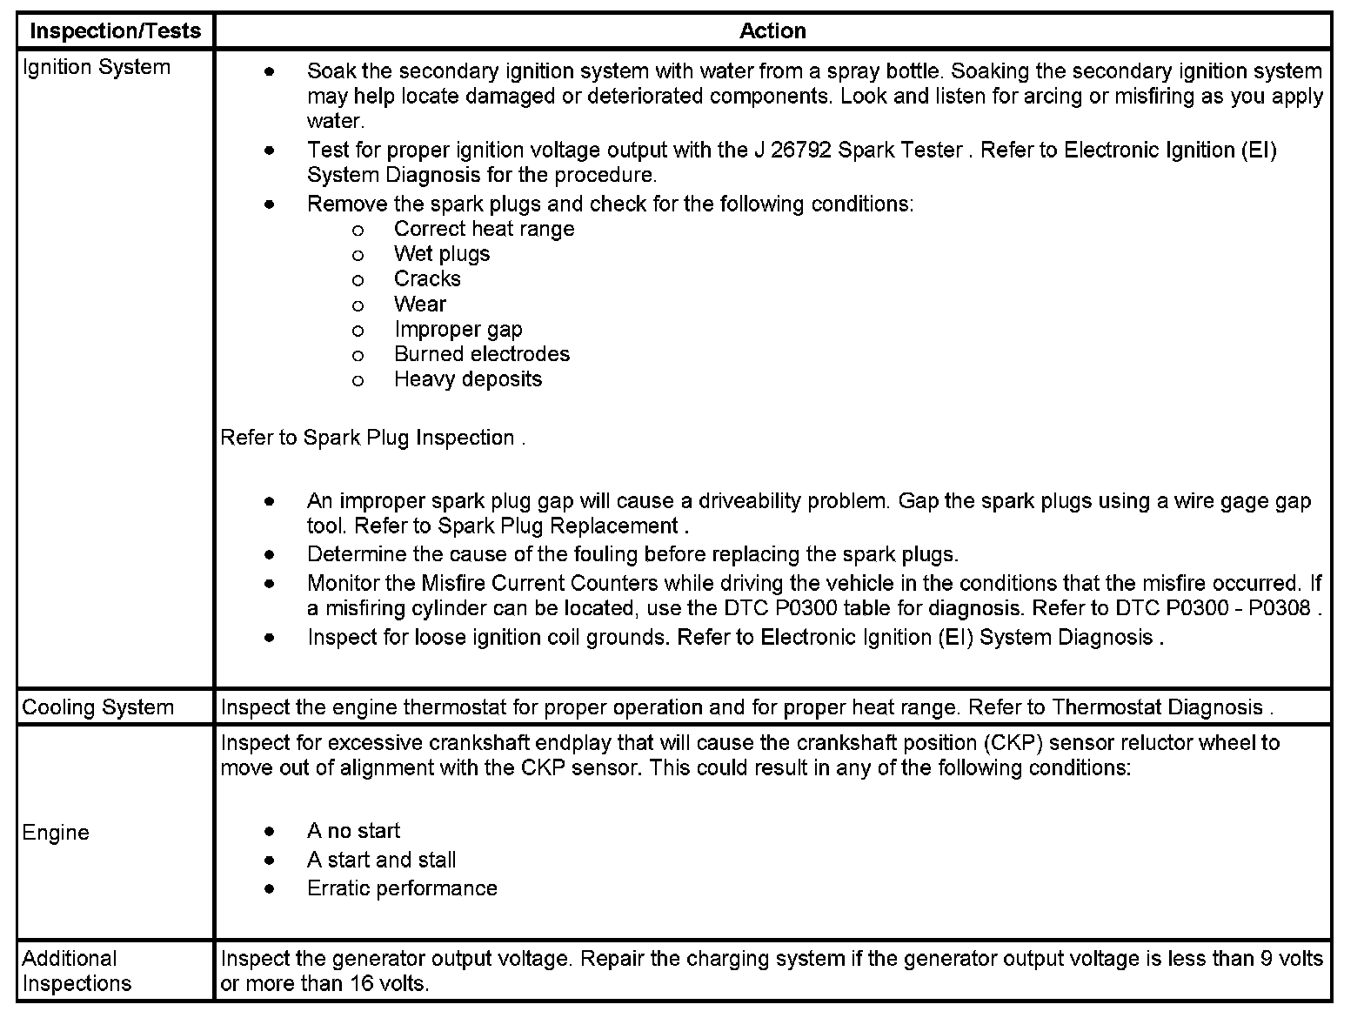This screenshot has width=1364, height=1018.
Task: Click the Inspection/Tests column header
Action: tap(115, 31)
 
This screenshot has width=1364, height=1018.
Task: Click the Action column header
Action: tap(772, 31)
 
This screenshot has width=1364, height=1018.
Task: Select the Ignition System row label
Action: tap(96, 68)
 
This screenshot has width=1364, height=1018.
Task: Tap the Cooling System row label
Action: tap(97, 707)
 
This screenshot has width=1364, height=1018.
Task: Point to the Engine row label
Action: tap(56, 833)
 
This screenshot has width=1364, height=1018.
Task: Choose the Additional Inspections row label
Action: tap(77, 971)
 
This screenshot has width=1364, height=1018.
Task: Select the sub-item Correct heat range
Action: tap(484, 229)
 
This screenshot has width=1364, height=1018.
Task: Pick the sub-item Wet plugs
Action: tap(442, 254)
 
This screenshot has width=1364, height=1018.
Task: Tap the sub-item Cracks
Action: tap(427, 279)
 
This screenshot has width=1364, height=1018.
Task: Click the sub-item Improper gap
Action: tap(458, 330)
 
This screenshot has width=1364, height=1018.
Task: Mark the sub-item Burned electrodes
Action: tap(482, 354)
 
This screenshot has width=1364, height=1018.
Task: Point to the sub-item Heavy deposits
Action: tap(468, 379)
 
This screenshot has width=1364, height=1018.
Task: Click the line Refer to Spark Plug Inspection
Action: tap(371, 438)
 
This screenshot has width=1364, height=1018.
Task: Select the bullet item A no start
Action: tap(353, 831)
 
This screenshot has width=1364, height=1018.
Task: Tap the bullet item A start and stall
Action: tap(381, 861)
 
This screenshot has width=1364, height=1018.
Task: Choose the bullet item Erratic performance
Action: tap(402, 888)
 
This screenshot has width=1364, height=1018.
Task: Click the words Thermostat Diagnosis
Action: tap(1157, 707)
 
